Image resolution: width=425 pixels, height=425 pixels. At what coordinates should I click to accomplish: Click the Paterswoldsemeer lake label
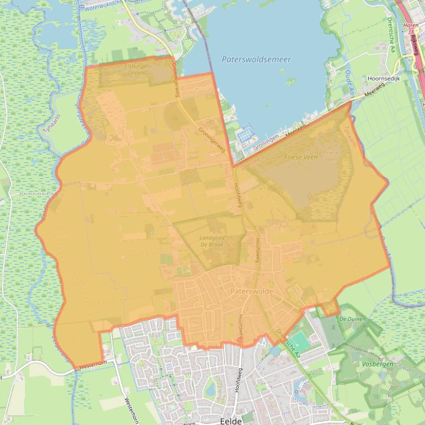point(256,60)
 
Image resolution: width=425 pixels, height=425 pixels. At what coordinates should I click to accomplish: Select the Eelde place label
point(231,421)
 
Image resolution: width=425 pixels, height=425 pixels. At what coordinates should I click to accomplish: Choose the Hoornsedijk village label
point(387,79)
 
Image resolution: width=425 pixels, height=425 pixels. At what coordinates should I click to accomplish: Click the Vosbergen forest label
point(377,365)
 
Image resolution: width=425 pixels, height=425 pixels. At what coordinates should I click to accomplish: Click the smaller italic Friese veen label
point(331,156)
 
